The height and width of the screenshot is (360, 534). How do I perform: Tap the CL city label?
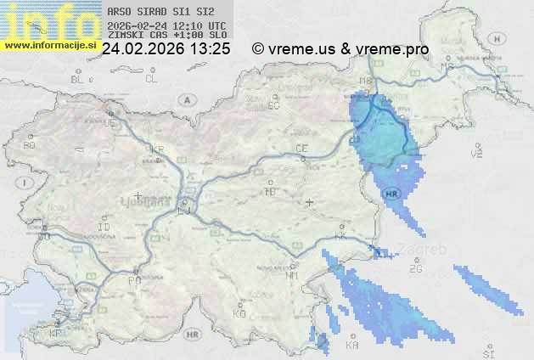click(151, 79)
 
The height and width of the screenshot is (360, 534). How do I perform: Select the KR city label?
click(157, 149)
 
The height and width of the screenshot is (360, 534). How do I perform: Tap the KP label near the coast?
click(56, 334)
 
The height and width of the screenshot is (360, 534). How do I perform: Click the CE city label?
click(301, 149)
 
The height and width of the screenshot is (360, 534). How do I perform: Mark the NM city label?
click(293, 275)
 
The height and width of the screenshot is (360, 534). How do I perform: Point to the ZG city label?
click(415, 269)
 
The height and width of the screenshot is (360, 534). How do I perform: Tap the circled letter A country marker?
click(186, 99)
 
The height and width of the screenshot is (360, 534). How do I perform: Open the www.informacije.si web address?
click(49, 44)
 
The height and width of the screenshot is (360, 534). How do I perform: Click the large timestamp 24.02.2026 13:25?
click(166, 49)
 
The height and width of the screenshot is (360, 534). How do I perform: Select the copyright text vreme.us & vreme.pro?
click(340, 49)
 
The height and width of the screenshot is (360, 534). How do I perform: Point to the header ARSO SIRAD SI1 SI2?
click(155, 13)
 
